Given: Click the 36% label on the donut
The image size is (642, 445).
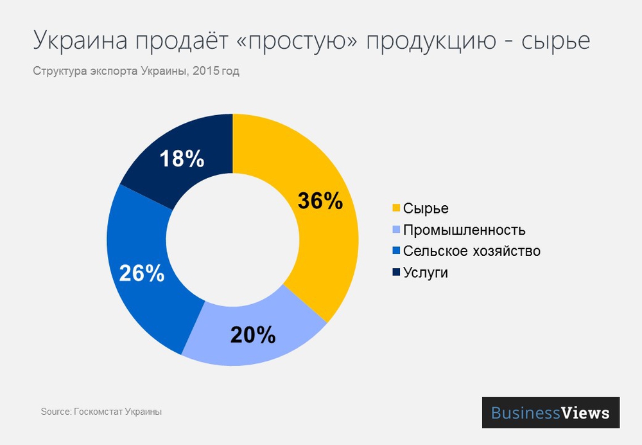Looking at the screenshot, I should pos(320,201).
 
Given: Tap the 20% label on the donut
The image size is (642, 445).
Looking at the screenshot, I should pos(253,334).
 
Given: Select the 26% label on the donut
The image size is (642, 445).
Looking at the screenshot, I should pos(142,273).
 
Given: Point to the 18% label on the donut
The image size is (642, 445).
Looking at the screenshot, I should pos(182,158).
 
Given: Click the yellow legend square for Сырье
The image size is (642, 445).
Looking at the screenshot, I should pos(395,208).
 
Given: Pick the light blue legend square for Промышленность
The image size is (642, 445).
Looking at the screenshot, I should pos(395,230).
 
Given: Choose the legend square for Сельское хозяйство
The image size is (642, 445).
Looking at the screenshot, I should pos(395,251).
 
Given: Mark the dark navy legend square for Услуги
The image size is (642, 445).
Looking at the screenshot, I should pos(395,272).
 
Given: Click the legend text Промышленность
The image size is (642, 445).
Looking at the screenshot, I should pos(465,230).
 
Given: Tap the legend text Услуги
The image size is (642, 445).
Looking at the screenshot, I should pos(426,273).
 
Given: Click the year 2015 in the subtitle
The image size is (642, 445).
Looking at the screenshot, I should pos(205,71).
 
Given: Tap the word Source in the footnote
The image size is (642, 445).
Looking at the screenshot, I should pos(55,412).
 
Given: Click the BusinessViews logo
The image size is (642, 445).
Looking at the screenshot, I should pos(550,412).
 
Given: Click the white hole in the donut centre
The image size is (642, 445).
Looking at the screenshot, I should pos(232,240).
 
